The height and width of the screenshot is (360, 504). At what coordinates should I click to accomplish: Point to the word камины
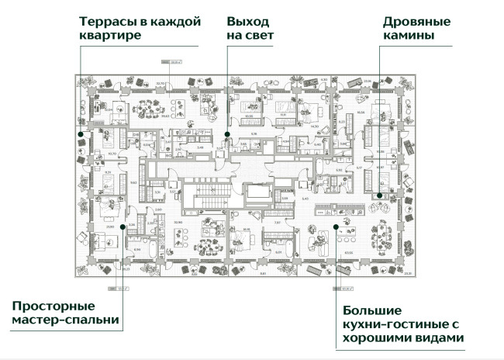tap(407, 36)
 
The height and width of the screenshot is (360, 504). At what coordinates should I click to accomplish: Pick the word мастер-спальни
tap(66, 320)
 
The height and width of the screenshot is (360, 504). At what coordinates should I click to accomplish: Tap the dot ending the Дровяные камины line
tap(379, 196)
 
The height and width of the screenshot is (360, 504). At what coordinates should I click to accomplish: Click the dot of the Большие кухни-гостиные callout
tap(336, 226)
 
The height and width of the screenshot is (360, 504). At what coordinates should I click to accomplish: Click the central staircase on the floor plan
tap(208, 194)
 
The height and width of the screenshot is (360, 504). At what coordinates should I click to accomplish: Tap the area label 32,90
tap(161, 81)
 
